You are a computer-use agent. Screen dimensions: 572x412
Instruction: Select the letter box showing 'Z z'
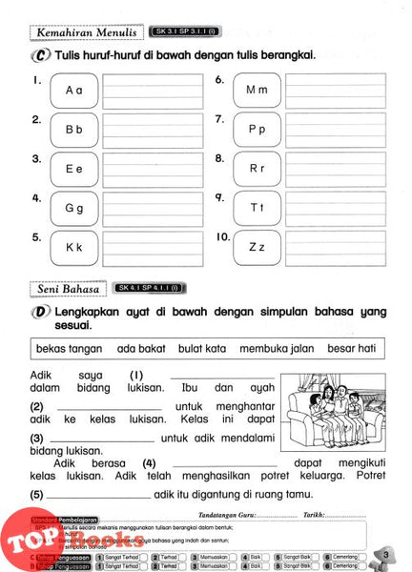tap(257, 247)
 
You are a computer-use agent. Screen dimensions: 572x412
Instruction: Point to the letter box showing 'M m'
tap(257, 90)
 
